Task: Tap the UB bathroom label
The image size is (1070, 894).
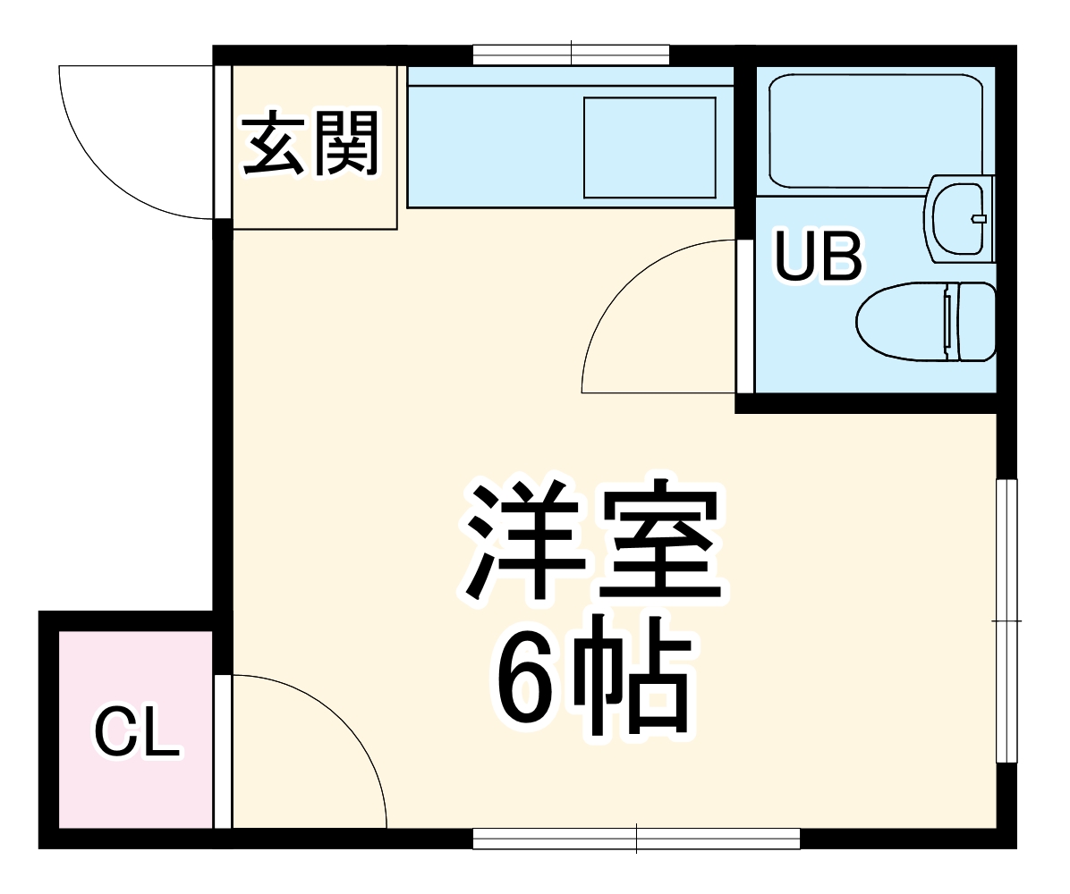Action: [x=818, y=257]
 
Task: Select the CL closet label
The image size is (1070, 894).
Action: [x=137, y=731]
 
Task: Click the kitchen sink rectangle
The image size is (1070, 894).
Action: [x=650, y=148]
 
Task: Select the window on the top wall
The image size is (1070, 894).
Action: [x=571, y=55]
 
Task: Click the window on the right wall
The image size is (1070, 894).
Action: [x=1007, y=620]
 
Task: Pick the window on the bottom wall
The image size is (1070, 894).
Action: [x=636, y=839]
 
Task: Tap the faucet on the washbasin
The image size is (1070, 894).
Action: [x=979, y=219]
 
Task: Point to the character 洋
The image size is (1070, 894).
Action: [x=523, y=541]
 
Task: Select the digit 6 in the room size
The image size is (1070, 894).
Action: [x=525, y=679]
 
